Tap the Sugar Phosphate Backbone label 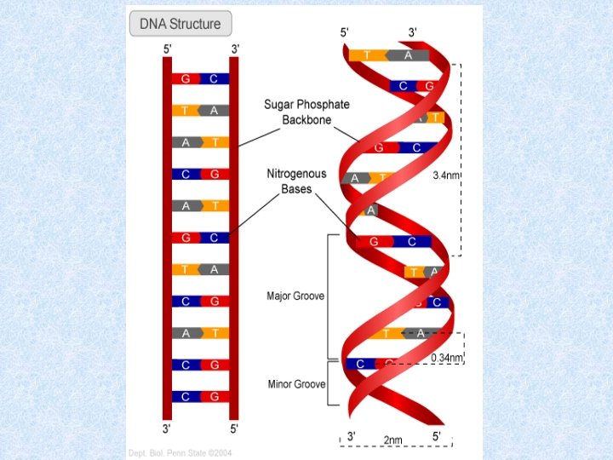pyautogui.click(x=307, y=112)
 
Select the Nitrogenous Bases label pyautogui.click(x=297, y=181)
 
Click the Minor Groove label pyautogui.click(x=296, y=384)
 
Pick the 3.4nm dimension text pyautogui.click(x=446, y=175)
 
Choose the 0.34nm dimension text pyautogui.click(x=446, y=358)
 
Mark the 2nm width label pyautogui.click(x=392, y=440)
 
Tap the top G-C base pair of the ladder pyautogui.click(x=200, y=78)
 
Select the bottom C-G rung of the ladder pyautogui.click(x=200, y=396)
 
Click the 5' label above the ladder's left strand pyautogui.click(x=168, y=49)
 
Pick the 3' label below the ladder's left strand pyautogui.click(x=168, y=427)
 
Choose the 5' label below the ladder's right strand pyautogui.click(x=234, y=427)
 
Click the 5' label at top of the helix pyautogui.click(x=345, y=32)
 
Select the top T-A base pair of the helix pyautogui.click(x=387, y=55)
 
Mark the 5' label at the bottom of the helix pyautogui.click(x=436, y=435)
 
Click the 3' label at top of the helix pyautogui.click(x=413, y=32)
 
